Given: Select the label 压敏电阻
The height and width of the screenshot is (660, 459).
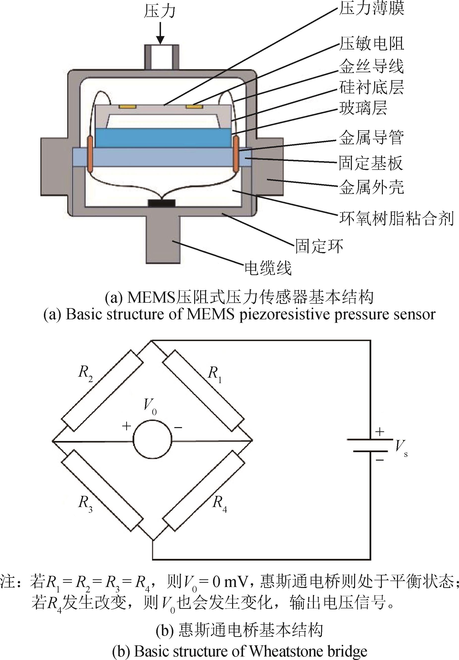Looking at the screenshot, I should click(x=371, y=44).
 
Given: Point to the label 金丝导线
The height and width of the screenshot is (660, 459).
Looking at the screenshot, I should click(x=371, y=66).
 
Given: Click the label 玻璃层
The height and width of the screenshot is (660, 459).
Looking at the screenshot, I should click(x=363, y=108).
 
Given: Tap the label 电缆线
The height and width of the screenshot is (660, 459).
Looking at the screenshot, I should click(x=268, y=268).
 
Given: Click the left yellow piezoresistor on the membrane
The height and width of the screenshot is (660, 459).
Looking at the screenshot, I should click(x=127, y=107).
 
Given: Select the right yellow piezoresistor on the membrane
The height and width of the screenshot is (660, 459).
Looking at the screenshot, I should click(x=194, y=107).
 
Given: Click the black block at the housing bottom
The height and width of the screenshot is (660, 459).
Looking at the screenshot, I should click(x=161, y=203).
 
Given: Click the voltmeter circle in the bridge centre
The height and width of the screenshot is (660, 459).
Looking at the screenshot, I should click(x=153, y=440).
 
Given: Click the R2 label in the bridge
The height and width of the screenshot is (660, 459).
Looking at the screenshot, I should click(x=86, y=374).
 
